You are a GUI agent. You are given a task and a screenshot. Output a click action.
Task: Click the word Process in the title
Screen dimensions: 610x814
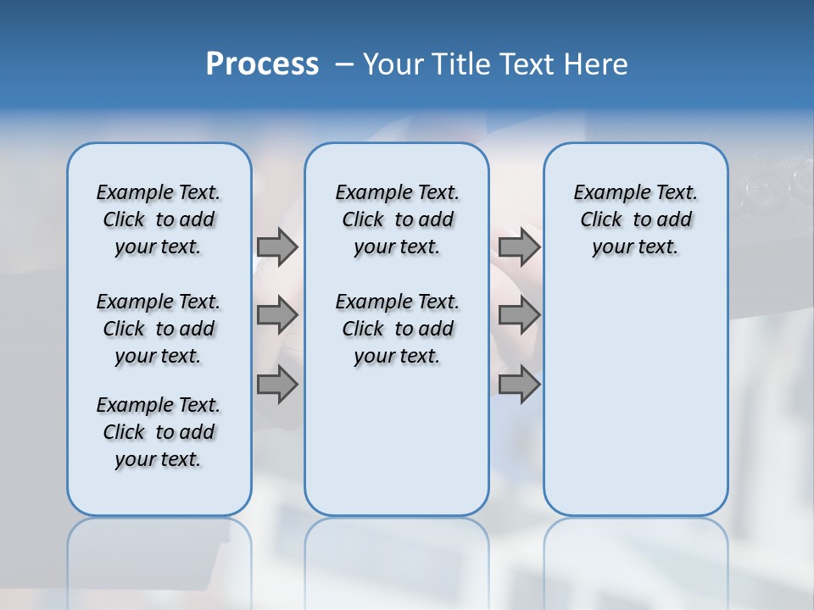262,64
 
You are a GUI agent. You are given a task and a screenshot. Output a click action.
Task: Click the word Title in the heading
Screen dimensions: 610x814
458,64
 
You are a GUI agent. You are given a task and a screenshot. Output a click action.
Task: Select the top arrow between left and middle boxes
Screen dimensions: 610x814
276,247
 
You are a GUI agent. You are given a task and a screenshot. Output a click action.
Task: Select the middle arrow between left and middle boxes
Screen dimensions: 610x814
276,315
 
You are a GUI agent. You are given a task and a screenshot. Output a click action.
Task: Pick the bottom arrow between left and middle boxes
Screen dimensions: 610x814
276,384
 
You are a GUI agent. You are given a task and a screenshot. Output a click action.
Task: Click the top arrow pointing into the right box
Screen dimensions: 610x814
518,247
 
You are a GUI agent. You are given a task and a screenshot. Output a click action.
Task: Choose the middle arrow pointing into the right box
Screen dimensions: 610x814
518,315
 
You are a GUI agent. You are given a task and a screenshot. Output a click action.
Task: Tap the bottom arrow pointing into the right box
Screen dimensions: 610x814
518,384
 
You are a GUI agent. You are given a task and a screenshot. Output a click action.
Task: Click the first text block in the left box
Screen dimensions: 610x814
159,219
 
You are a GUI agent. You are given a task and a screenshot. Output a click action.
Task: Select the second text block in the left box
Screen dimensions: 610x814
159,329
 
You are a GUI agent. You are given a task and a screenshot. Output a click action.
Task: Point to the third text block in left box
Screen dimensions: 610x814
159,432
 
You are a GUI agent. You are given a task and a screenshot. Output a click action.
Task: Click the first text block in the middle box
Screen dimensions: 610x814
397,219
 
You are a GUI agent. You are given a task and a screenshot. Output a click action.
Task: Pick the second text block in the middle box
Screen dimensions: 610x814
397,329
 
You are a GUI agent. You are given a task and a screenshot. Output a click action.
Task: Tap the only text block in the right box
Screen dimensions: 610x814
636,219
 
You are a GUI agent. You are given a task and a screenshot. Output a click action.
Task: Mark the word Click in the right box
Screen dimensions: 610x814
601,220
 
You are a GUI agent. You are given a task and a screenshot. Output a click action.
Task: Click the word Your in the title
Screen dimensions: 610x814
393,64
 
